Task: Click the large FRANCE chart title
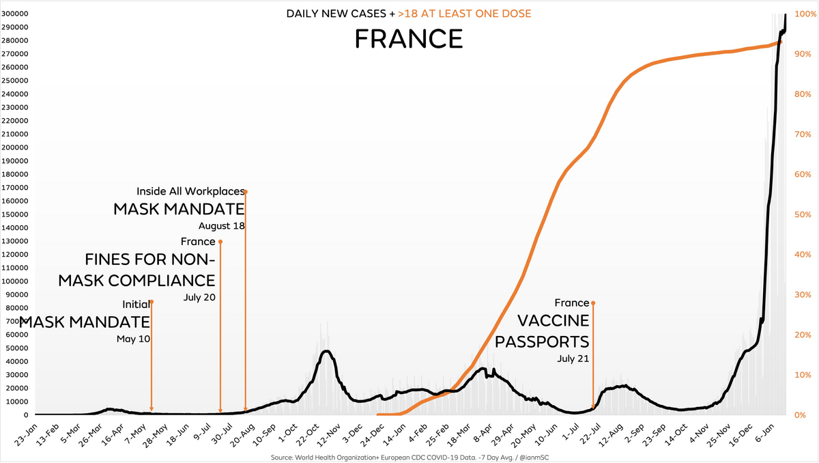[409, 39]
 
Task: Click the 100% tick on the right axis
[800, 14]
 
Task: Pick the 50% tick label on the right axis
[798, 214]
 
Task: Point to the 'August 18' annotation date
[222, 226]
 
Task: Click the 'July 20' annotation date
[199, 297]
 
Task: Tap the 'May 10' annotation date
[133, 339]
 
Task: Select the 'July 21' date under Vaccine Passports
[573, 358]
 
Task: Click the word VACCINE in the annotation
[553, 321]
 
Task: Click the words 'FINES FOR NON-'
[150, 260]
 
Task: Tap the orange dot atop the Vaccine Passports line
[593, 303]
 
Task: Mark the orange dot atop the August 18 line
[246, 192]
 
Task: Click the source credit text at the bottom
[409, 457]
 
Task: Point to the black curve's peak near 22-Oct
[327, 351]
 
